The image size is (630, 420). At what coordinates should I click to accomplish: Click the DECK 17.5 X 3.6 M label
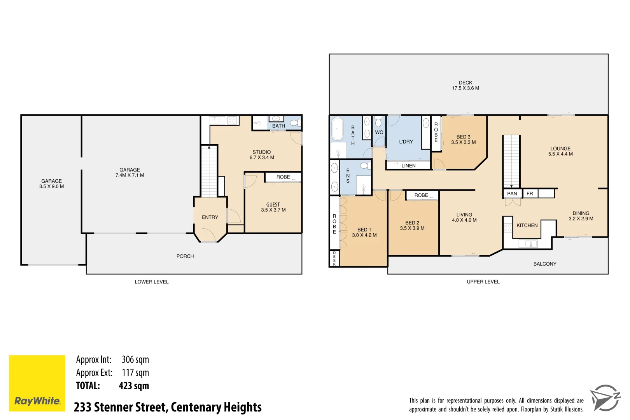[x=465, y=86]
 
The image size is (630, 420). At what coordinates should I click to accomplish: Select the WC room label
[x=379, y=132]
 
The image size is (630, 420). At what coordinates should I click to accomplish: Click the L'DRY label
[x=406, y=142]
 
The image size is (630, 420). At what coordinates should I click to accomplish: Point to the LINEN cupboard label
[x=408, y=166]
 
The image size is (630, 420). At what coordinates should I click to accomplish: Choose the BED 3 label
[x=463, y=140]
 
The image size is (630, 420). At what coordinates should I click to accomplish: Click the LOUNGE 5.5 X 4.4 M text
[x=560, y=151]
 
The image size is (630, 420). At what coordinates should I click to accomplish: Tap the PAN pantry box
[x=512, y=194]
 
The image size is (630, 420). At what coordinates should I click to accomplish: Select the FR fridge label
[x=530, y=194]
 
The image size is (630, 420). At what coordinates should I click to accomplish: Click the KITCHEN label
[x=527, y=226]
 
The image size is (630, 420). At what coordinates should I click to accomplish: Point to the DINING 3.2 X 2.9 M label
[x=581, y=216]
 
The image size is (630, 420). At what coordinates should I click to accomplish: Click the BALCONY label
[x=544, y=264]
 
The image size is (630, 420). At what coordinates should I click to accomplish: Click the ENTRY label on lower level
[x=210, y=217]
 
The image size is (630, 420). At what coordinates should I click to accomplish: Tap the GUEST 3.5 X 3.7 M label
[x=273, y=207]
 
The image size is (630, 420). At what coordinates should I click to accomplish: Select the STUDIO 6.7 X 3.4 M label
[x=262, y=155]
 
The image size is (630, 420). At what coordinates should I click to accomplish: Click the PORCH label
[x=185, y=256]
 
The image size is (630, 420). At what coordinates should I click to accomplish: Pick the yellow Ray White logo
[x=37, y=383]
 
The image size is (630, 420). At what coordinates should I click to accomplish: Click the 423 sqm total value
[x=134, y=386]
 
